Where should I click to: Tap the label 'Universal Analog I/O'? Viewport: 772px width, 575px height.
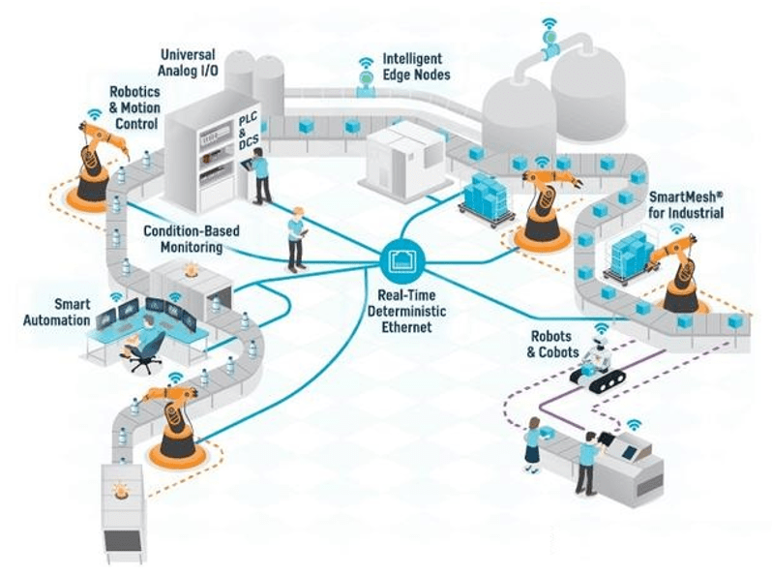[x=188, y=63]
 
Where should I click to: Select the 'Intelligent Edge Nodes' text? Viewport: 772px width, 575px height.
[x=417, y=67]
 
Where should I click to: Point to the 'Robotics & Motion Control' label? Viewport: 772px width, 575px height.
[x=134, y=107]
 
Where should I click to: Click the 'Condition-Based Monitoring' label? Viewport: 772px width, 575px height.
[x=192, y=238]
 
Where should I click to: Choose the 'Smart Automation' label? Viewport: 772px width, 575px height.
[x=57, y=313]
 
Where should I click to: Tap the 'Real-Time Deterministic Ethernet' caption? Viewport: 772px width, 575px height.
[x=406, y=311]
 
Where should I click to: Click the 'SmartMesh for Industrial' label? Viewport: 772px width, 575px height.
[x=686, y=204]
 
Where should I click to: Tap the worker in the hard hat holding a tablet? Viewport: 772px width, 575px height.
[x=296, y=239]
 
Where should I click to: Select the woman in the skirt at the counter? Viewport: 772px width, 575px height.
[x=534, y=446]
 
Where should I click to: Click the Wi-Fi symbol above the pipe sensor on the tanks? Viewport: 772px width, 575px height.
[x=549, y=22]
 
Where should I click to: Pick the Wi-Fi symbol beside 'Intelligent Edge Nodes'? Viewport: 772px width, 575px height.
[x=366, y=62]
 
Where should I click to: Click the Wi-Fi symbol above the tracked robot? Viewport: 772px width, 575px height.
[x=601, y=327]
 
